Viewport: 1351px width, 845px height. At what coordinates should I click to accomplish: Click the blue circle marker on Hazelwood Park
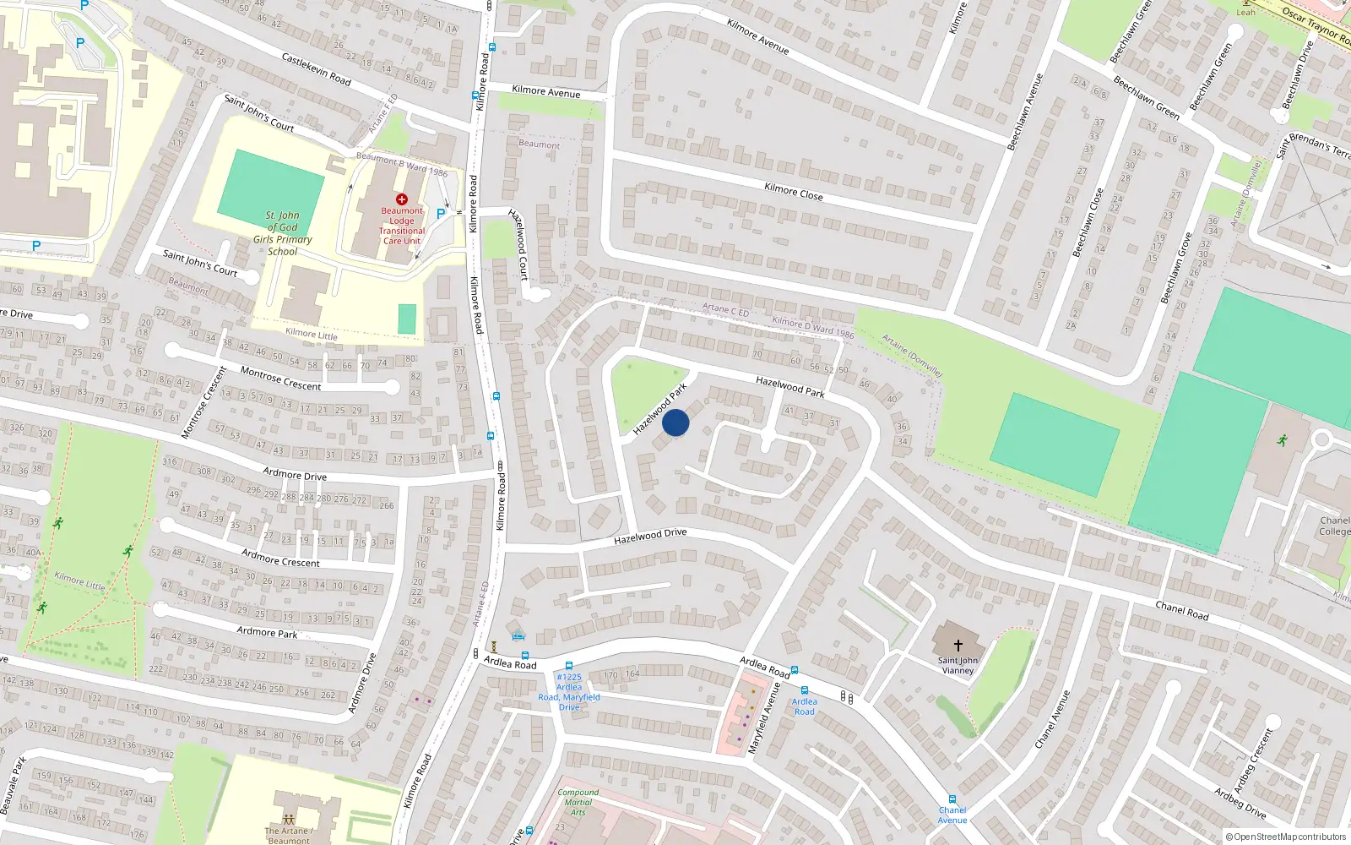[x=675, y=422]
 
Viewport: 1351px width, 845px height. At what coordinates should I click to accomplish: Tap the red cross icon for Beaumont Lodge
[x=402, y=199]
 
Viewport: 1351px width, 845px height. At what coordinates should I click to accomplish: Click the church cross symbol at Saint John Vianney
[x=958, y=646]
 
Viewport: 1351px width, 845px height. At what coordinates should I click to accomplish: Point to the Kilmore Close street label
[x=793, y=191]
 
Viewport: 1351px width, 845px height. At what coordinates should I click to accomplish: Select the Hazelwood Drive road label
[x=650, y=536]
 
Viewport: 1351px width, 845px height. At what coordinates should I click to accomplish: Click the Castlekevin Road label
[x=316, y=68]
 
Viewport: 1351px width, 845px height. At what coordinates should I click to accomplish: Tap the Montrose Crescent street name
[x=280, y=379]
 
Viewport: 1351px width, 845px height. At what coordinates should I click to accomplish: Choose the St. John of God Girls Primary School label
[x=282, y=233]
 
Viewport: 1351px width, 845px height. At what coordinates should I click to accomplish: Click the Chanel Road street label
[x=1181, y=610]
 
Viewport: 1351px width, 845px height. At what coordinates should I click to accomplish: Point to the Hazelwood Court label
[x=518, y=244]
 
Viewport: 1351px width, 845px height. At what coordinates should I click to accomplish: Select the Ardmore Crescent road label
[x=280, y=558]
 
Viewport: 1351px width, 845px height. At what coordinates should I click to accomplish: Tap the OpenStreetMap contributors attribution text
[x=1285, y=837]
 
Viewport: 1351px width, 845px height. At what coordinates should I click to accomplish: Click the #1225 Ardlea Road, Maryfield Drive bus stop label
[x=569, y=691]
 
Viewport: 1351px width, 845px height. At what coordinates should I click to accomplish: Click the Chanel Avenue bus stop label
[x=952, y=815]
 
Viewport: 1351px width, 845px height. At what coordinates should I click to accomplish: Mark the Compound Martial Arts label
[x=578, y=802]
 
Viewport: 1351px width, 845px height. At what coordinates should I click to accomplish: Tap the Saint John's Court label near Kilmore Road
[x=258, y=113]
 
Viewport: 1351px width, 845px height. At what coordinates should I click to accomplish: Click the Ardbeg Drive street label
[x=1240, y=802]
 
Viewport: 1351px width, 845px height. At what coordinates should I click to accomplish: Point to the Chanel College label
[x=1334, y=526]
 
